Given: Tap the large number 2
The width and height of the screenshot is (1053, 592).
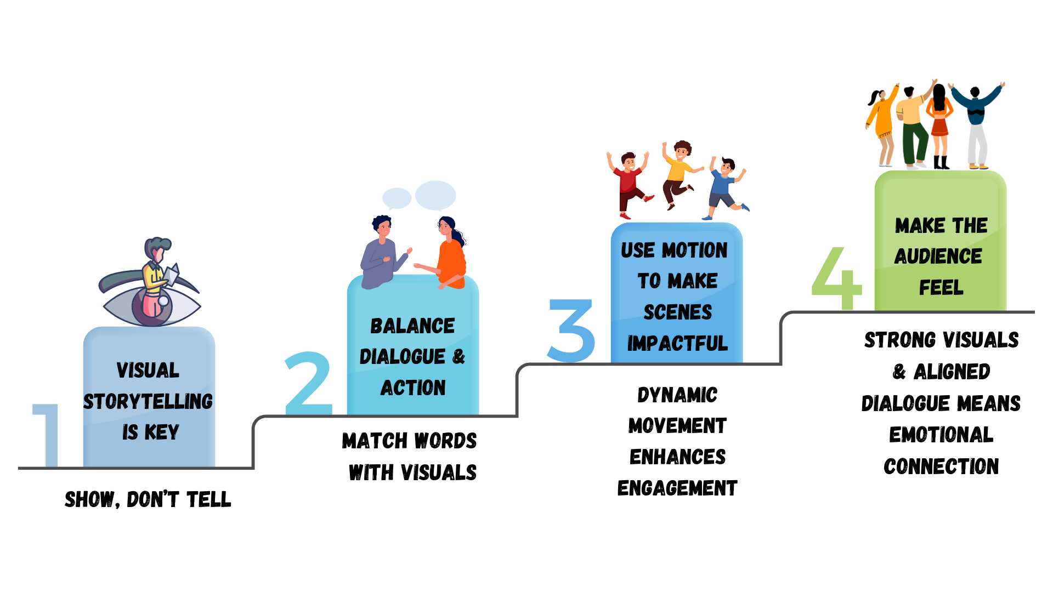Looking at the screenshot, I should [x=309, y=384].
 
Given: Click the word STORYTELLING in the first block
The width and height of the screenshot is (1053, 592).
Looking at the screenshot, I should [x=148, y=402].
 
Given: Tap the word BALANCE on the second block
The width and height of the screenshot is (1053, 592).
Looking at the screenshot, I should [x=412, y=326].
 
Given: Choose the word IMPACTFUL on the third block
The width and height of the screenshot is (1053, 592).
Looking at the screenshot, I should [x=677, y=344].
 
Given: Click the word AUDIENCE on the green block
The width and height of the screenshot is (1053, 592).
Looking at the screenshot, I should [x=938, y=256].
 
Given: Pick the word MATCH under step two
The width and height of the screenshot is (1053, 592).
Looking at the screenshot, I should [x=375, y=441].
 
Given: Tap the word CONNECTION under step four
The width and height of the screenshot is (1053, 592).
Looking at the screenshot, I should [x=941, y=466].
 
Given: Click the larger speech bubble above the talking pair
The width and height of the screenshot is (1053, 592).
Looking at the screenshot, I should [x=435, y=195].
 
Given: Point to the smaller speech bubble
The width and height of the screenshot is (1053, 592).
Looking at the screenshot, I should [x=397, y=198].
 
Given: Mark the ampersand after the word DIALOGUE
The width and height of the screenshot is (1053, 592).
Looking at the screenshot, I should [x=458, y=357].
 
